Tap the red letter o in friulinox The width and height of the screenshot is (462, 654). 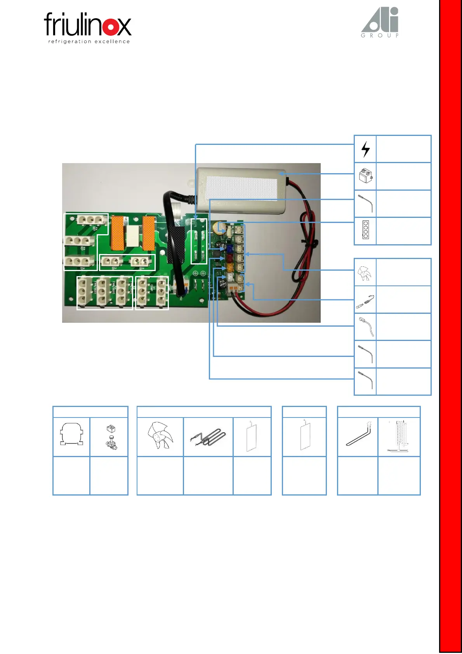112,26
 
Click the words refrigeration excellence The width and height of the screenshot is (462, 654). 89,42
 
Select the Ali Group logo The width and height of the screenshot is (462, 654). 380,23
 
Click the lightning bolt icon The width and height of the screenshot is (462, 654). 365,149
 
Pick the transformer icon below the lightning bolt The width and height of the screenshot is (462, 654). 365,176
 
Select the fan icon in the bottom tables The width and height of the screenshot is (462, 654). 160,435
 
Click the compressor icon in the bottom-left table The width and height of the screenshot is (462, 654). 71,434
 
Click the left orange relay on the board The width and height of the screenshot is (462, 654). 118,233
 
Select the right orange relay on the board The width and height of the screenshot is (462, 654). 148,233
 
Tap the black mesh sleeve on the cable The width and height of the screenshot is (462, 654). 175,245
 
